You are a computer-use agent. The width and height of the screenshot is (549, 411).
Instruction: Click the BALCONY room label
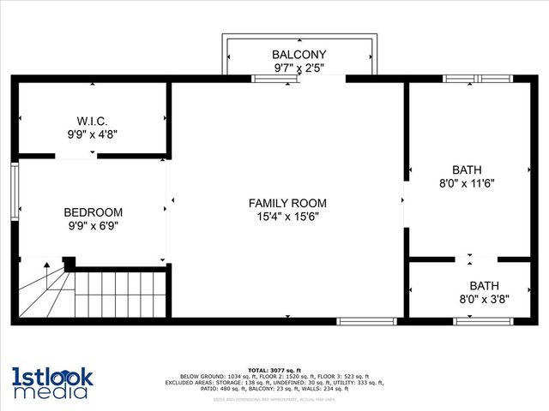click(299, 54)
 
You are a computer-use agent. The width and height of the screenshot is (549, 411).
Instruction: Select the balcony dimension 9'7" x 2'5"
click(299, 68)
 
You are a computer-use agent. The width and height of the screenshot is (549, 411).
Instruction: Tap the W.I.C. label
click(93, 120)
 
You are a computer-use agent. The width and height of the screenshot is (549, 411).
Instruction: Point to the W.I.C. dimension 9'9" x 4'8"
click(93, 134)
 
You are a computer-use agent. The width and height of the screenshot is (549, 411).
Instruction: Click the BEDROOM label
click(93, 212)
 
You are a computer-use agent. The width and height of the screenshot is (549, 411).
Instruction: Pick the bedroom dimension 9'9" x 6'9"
click(93, 226)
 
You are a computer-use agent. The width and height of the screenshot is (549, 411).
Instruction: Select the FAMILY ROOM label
click(287, 203)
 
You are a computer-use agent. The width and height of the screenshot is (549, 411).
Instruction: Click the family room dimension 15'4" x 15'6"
click(287, 217)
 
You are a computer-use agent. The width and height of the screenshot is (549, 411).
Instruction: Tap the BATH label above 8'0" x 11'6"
click(467, 170)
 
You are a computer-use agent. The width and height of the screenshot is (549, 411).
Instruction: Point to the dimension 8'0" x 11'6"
click(467, 183)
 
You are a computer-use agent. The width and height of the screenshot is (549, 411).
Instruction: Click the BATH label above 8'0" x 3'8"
click(484, 286)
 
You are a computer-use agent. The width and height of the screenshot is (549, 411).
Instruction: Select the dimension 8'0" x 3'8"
click(484, 300)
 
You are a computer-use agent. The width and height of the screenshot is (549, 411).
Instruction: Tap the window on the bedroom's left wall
click(15, 193)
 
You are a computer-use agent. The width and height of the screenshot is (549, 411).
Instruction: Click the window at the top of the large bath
click(476, 79)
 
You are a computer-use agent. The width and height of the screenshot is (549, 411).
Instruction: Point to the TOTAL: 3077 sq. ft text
click(274, 370)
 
